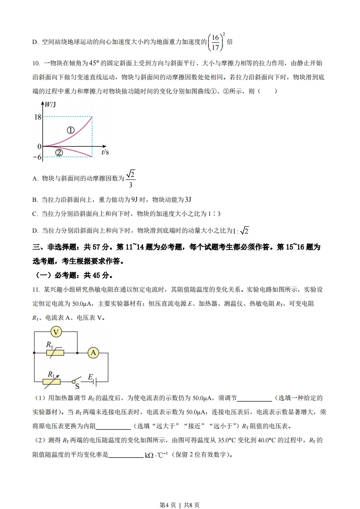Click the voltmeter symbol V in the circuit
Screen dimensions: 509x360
[56, 332]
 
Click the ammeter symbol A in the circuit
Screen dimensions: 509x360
[94, 352]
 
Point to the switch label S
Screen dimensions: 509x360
[77, 387]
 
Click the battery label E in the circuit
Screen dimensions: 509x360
[90, 377]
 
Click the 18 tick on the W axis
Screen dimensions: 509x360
[37, 117]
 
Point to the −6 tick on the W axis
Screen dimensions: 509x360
[36, 157]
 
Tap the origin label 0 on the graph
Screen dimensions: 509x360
[39, 146]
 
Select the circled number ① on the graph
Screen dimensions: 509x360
[70, 130]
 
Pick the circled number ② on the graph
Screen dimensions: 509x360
[59, 152]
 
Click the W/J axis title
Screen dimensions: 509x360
[50, 105]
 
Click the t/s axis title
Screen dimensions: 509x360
[105, 152]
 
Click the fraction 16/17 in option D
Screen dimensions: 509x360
[216, 42]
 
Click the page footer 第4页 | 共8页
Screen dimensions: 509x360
[180, 492]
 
